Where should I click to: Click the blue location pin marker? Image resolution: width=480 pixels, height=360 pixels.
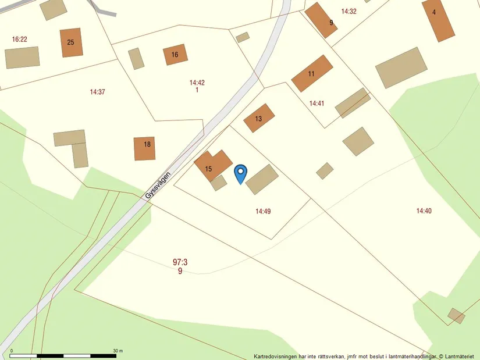(x=240, y=173)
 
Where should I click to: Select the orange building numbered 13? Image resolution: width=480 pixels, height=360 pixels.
(x=259, y=118)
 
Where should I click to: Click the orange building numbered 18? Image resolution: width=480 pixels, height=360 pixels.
(x=145, y=149)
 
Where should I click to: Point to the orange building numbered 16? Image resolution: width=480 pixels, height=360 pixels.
(x=175, y=55)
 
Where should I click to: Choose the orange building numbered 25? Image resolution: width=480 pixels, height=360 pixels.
(x=71, y=42)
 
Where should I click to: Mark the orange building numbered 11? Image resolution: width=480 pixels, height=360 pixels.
(x=312, y=73)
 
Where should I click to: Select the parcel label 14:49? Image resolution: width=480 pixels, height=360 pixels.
(x=263, y=211)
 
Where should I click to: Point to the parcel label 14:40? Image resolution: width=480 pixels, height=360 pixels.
(x=424, y=211)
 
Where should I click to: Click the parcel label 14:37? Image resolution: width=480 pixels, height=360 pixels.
(x=98, y=92)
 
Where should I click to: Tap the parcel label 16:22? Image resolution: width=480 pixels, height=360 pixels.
(x=20, y=39)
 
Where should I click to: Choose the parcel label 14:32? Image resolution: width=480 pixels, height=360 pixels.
(x=349, y=11)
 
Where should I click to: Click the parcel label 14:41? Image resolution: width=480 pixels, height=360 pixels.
(x=317, y=103)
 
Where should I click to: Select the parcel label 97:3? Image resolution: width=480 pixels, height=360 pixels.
(x=180, y=262)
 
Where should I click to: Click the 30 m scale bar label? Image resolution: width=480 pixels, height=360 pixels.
(x=118, y=351)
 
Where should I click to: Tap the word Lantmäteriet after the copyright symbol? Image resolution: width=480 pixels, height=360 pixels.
(x=461, y=356)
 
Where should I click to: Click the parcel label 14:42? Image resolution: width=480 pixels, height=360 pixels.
(x=197, y=83)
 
